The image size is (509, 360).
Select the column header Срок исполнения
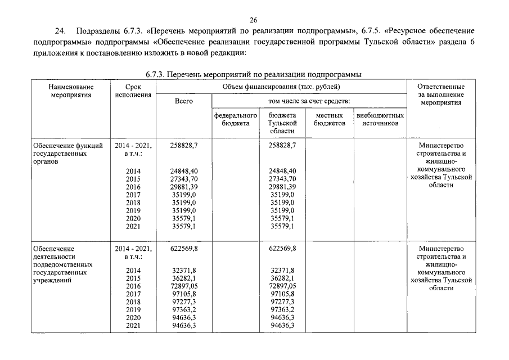pos(133,91)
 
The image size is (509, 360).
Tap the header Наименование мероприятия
pos(71,91)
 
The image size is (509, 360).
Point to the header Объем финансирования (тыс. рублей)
pos(281,87)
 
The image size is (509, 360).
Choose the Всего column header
pos(184,101)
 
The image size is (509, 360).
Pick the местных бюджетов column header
pos(330,119)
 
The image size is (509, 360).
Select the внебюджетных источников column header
pos(380,119)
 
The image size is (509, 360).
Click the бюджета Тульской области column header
pos(282,123)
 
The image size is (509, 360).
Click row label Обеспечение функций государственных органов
pos(67,153)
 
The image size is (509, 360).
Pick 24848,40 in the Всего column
pos(184,171)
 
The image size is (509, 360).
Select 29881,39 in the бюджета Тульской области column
pos(282,187)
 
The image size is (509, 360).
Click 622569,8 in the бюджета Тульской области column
pos(282,248)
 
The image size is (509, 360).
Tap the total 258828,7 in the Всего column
pos(184,145)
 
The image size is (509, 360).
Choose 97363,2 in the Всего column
pos(184,310)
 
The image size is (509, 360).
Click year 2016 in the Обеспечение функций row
pos(133,187)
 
